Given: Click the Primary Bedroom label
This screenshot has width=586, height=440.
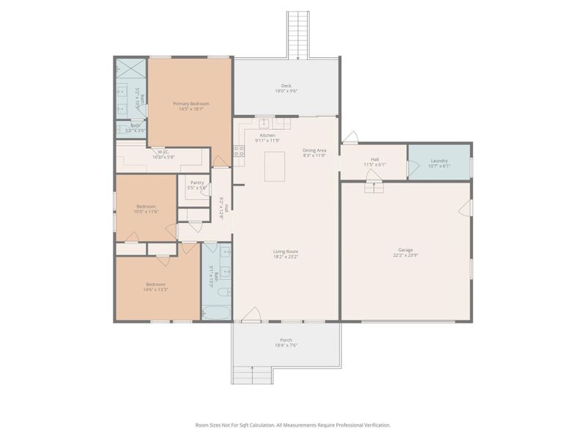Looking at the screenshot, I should pyautogui.click(x=191, y=104).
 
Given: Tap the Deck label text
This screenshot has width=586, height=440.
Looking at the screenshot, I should pyautogui.click(x=286, y=86).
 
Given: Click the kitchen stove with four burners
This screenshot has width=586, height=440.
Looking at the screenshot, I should pyautogui.click(x=238, y=152).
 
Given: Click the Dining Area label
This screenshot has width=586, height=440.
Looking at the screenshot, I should pyautogui.click(x=314, y=150).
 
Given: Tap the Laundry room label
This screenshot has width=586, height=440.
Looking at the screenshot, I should pyautogui.click(x=439, y=161).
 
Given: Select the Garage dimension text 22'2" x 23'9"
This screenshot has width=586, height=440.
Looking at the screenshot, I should pyautogui.click(x=406, y=257).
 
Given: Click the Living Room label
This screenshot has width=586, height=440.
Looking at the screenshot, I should pyautogui.click(x=286, y=252).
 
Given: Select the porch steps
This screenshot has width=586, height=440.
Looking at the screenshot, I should pyautogui.click(x=251, y=375).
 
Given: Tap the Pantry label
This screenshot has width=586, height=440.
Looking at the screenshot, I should pyautogui.click(x=197, y=183).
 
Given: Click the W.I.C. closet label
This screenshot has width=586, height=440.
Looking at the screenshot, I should pyautogui.click(x=163, y=152).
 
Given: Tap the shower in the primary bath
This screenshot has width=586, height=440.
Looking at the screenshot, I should pyautogui.click(x=131, y=72).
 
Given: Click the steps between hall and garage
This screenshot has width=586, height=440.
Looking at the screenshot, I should pyautogui.click(x=374, y=188).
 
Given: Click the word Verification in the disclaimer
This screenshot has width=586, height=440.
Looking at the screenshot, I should pyautogui.click(x=374, y=425).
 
